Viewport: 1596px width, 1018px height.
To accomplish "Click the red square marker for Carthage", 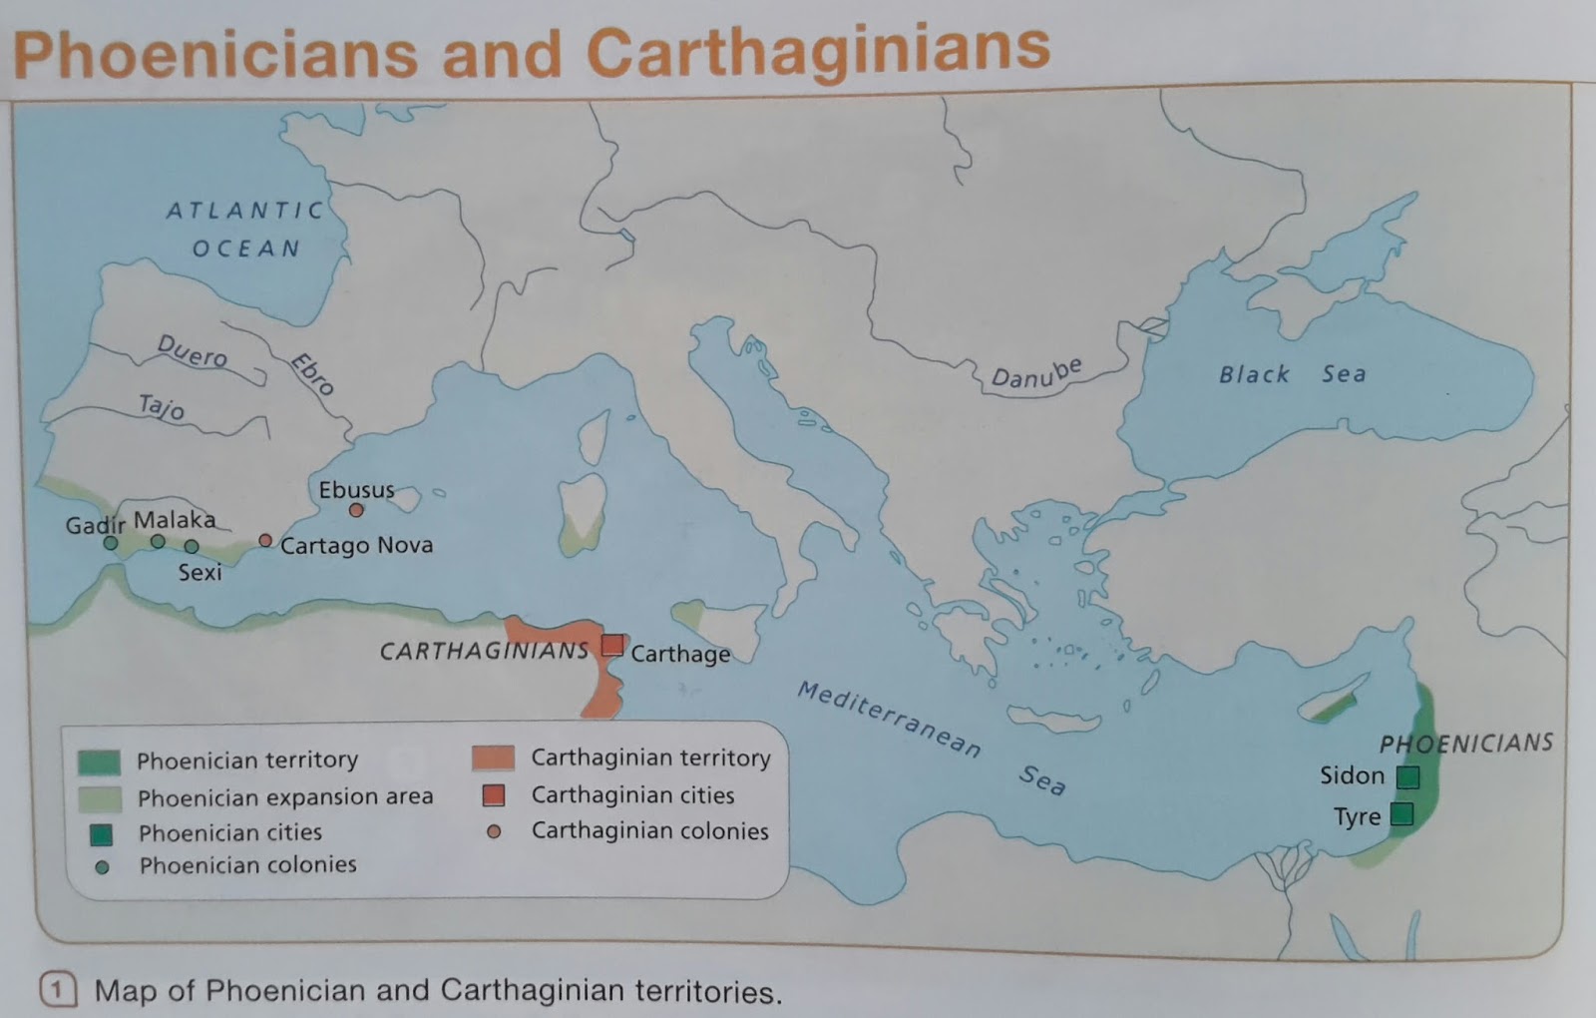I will [611, 646].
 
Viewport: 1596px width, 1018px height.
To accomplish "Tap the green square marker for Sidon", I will [1407, 776].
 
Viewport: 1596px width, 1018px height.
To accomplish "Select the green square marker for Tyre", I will [1401, 814].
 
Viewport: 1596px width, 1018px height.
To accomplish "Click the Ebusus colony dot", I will [356, 510].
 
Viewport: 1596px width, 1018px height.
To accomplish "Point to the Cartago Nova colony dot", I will [265, 540].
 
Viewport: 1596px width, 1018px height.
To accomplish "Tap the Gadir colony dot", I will [111, 543].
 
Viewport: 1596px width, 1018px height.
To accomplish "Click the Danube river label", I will [1035, 373].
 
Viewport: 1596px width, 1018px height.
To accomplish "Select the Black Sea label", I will [1292, 374].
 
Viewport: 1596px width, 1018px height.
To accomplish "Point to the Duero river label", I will [192, 350].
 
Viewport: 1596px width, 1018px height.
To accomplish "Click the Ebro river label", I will [312, 374].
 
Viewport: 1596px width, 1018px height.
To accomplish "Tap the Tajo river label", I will [162, 406].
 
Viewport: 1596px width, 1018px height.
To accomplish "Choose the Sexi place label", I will [199, 572].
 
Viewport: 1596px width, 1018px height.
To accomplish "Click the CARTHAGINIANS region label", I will [484, 651].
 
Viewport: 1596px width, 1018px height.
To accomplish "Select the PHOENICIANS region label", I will [1465, 743].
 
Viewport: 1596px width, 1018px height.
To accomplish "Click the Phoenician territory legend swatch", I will [99, 763].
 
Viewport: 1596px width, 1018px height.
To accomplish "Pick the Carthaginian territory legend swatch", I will [493, 759].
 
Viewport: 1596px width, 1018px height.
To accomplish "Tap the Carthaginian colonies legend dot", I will [494, 831].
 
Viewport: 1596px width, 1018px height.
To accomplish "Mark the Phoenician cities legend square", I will [101, 833].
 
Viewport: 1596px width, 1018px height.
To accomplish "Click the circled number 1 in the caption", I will [58, 990].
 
